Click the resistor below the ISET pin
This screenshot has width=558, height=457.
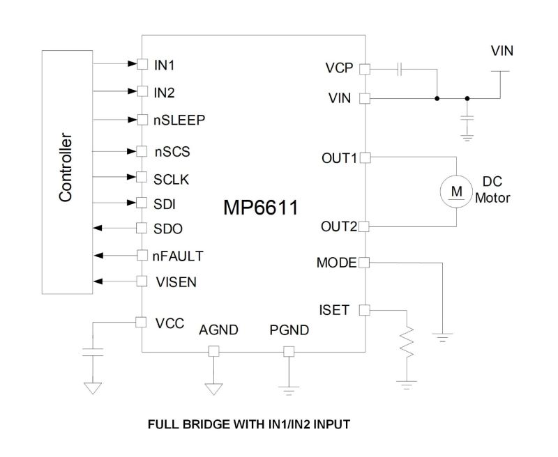click(407, 344)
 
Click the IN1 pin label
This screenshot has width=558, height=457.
click(165, 65)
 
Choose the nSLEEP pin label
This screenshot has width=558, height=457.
click(179, 119)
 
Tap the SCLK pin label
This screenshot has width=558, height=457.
click(172, 178)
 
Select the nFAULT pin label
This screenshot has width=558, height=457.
click(179, 256)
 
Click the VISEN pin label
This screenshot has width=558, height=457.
click(174, 282)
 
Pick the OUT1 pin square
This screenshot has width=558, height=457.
click(365, 158)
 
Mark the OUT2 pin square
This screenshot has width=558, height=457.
click(365, 226)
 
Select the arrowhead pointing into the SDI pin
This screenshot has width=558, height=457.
click(132, 203)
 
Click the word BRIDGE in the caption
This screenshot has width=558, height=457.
click(200, 424)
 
